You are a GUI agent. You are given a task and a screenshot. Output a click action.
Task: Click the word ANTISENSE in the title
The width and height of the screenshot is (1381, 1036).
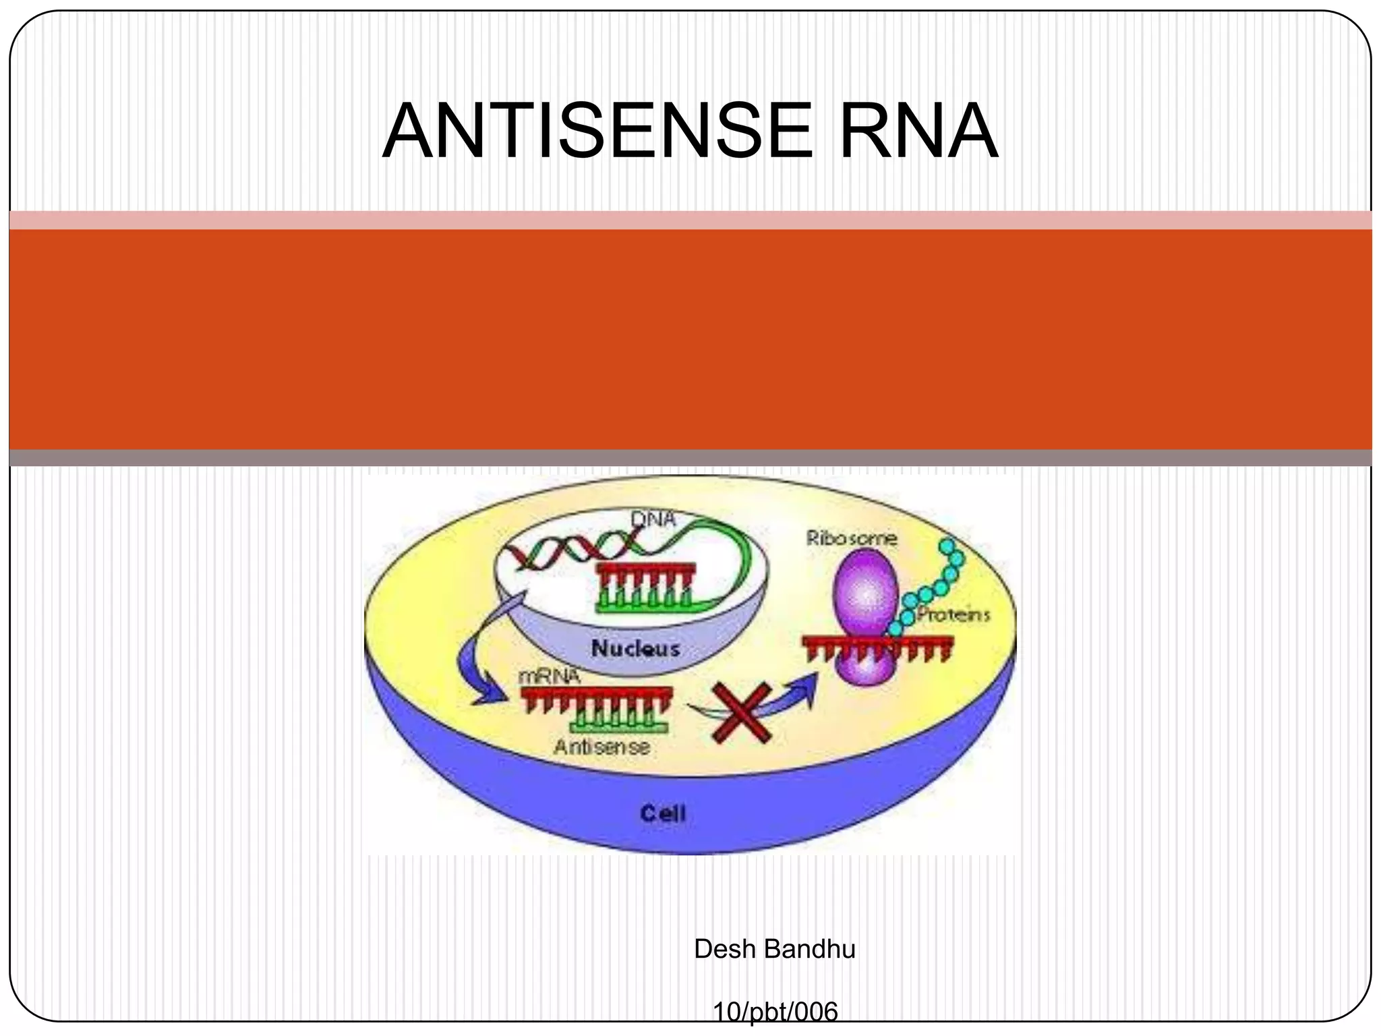[x=597, y=131]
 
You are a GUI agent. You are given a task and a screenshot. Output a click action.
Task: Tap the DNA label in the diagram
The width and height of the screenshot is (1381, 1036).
[x=653, y=519]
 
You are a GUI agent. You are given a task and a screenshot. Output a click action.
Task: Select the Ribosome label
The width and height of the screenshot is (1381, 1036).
[x=852, y=538]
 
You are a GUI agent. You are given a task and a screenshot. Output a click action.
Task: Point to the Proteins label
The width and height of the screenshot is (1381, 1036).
[x=953, y=614]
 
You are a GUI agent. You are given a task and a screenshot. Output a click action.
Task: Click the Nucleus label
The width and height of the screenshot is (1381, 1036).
[x=635, y=648]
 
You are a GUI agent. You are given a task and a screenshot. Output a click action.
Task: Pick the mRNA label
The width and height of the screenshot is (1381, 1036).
[x=549, y=676]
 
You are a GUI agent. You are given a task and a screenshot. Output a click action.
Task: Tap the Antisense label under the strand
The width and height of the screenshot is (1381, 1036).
[x=601, y=747]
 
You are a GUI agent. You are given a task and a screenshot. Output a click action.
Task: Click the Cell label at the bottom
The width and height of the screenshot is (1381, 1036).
[x=663, y=813]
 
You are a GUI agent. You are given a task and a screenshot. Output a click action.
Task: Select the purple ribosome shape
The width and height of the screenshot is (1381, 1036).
[x=863, y=594]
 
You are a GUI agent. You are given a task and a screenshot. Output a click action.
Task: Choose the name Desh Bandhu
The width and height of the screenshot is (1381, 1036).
[x=774, y=949]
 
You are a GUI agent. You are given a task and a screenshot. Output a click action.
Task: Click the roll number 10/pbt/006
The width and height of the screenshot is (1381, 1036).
[x=775, y=1012]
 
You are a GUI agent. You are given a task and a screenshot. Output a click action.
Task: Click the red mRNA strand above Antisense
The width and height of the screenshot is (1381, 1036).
[x=597, y=695]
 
